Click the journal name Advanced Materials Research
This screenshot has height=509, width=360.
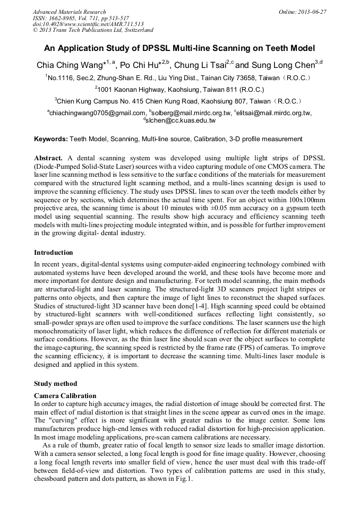click(x=69, y=12)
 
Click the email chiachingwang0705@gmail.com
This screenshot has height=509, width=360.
click(x=97, y=113)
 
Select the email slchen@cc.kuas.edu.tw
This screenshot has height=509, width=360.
click(x=182, y=120)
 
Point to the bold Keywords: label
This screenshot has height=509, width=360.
click(x=51, y=139)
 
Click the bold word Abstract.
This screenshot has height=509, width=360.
click(x=48, y=159)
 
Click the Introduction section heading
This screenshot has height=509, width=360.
click(x=54, y=253)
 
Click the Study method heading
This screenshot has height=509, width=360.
click(x=55, y=383)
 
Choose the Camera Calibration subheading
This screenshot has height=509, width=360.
click(x=65, y=396)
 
